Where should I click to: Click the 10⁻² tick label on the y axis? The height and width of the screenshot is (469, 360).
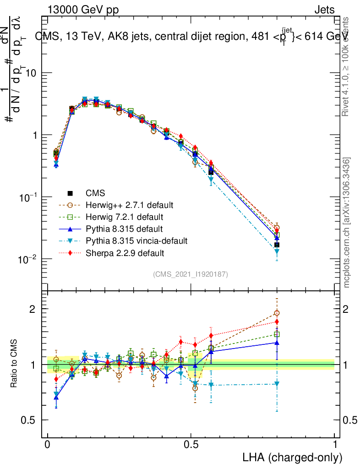click(x=28, y=259)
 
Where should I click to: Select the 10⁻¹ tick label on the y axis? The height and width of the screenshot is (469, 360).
click(x=28, y=197)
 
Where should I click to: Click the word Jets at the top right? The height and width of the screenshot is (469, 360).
click(x=324, y=10)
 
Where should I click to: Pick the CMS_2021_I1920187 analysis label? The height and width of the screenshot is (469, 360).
click(x=191, y=274)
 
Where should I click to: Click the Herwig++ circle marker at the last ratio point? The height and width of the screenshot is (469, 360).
click(x=277, y=313)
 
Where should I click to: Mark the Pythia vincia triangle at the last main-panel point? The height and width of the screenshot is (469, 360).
click(x=277, y=251)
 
